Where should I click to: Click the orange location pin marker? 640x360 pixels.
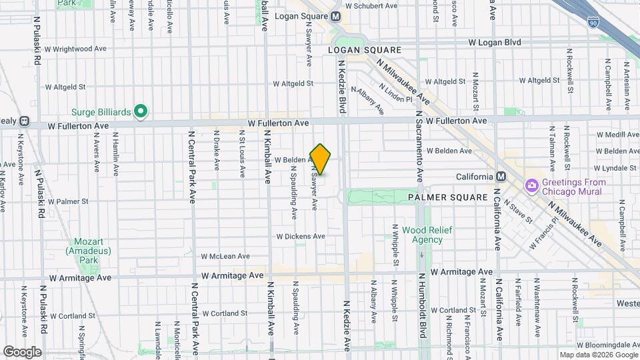tap(321, 159)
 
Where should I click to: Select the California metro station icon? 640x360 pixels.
tap(501, 177)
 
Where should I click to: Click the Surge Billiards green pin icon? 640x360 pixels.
tap(141, 111)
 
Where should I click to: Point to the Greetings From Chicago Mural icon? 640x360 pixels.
tap(532, 185)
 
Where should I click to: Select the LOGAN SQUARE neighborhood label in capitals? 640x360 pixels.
tap(365, 51)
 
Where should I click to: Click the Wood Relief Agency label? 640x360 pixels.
tap(427, 235)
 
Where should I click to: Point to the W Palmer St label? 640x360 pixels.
tap(68, 201)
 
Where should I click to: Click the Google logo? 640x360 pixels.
tap(22, 351)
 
